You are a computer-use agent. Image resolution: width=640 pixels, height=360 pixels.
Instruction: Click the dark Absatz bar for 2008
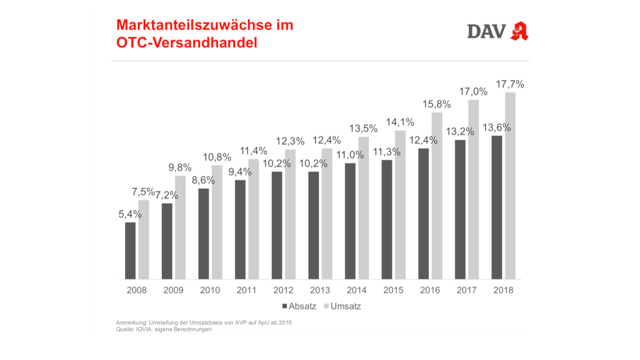point(130,251)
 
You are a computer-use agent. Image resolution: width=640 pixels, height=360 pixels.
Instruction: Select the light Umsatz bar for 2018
point(510,186)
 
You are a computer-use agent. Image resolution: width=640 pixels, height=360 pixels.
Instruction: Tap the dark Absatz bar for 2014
point(350,221)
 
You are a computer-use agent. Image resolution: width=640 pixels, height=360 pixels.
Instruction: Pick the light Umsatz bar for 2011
point(254,219)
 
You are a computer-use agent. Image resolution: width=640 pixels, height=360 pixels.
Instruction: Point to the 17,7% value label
point(510,84)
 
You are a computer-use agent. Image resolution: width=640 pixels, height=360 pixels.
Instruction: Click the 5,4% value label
point(130,214)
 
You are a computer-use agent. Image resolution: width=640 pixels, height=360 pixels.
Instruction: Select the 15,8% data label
point(437,104)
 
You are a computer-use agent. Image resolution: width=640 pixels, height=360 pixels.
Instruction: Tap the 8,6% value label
point(203,180)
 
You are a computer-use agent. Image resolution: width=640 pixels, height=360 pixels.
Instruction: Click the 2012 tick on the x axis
point(283,290)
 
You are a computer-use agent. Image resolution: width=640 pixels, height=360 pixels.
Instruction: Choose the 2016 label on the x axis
point(430,290)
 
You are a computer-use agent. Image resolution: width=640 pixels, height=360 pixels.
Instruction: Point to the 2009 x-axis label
point(173,290)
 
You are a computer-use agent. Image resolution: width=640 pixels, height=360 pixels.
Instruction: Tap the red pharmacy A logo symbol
point(519,31)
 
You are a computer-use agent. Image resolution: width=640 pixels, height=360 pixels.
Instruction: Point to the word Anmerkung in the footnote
point(131,323)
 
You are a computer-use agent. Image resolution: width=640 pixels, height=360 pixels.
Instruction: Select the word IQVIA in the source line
point(144,330)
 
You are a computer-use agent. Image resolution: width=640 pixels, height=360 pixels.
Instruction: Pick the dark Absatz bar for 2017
point(460,210)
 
